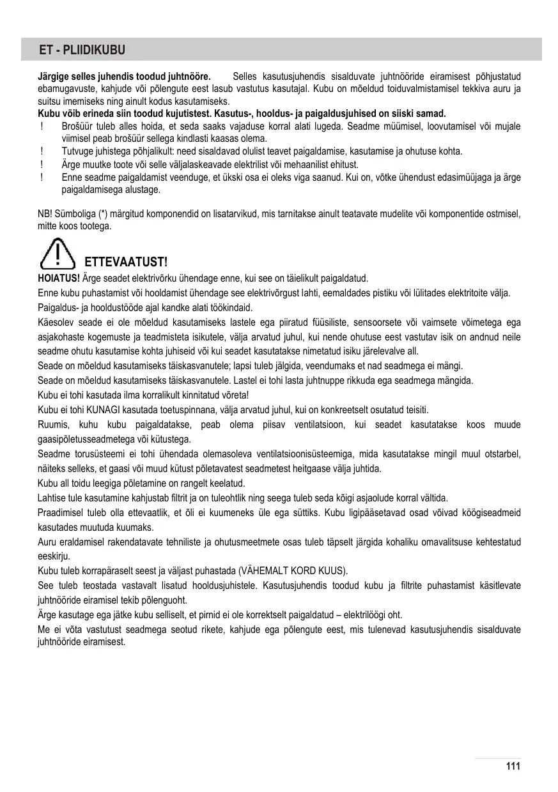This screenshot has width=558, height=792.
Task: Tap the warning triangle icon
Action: coord(59,253)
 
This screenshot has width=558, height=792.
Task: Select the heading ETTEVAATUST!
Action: coord(126,263)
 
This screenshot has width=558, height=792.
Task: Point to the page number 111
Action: coord(513,766)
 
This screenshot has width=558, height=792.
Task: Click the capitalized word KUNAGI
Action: coord(96,410)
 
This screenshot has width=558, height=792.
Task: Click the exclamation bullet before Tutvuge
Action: coord(41,151)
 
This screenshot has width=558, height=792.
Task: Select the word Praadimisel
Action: coord(59,513)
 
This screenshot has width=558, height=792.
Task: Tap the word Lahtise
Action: coord(53,498)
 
